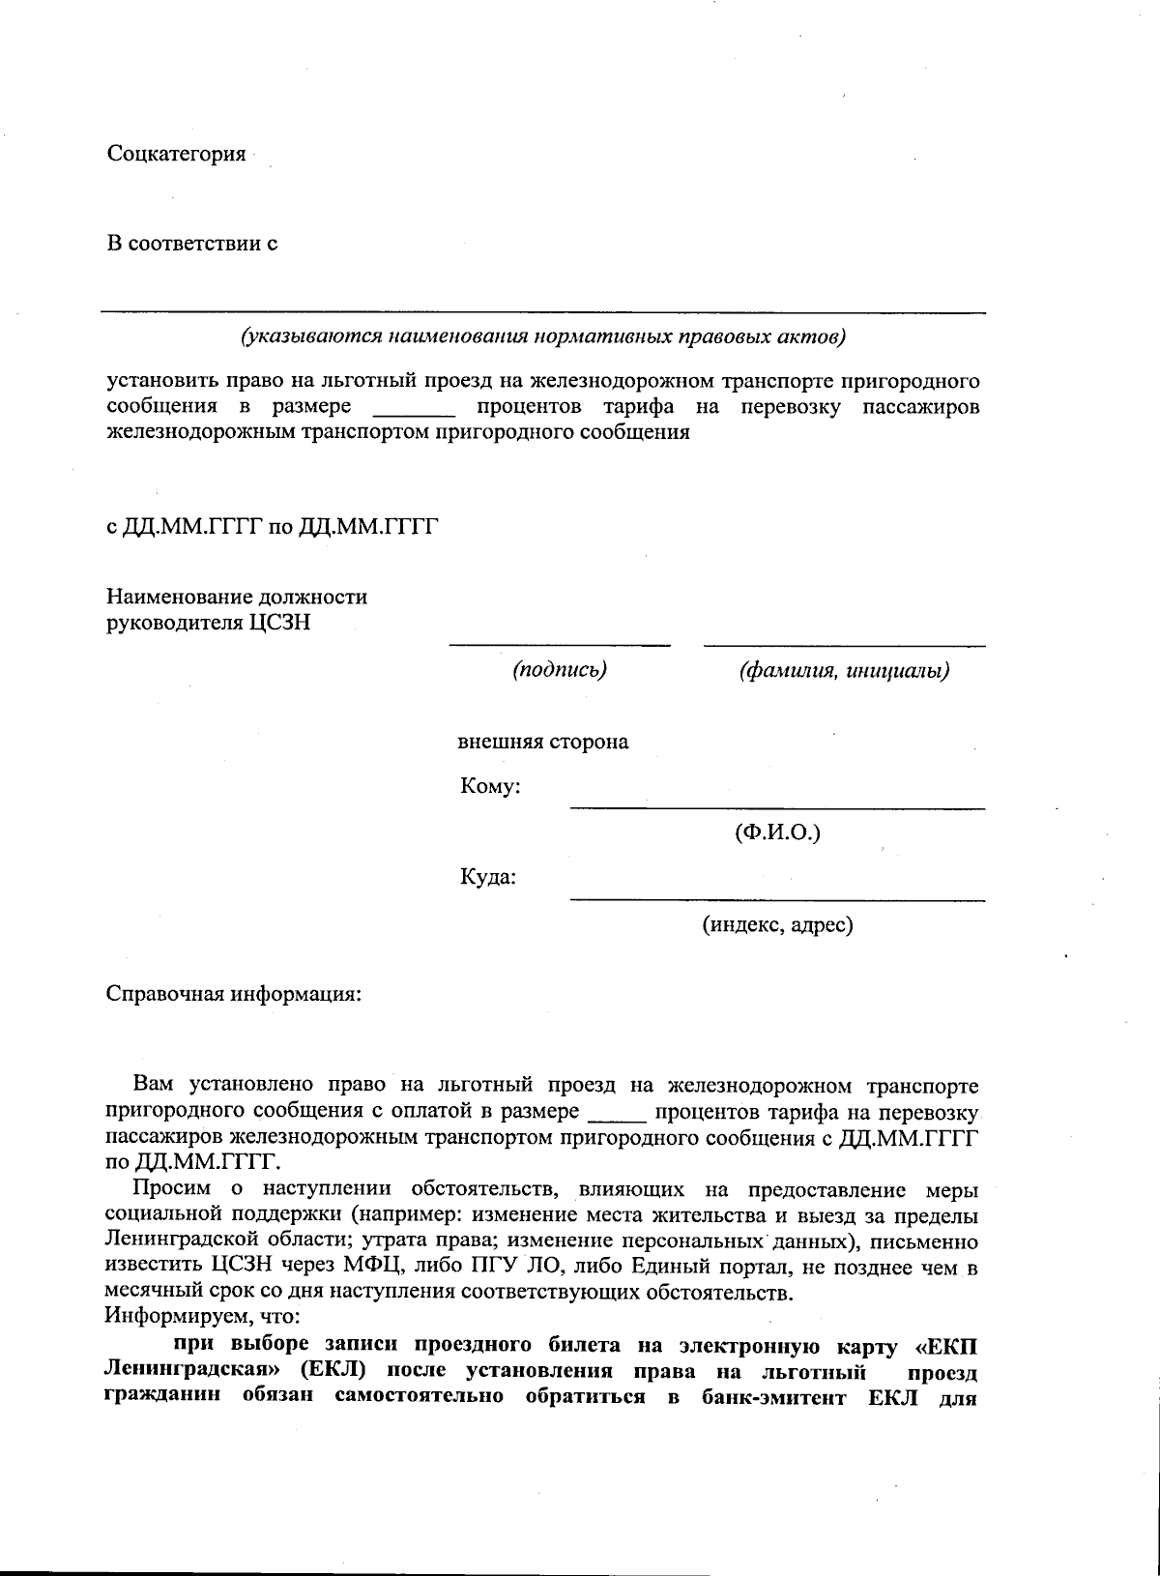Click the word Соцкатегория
[x=176, y=155]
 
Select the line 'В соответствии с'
[x=192, y=244]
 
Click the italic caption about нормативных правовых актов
[x=543, y=337]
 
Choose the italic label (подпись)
[x=560, y=670]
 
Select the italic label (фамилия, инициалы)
[x=843, y=670]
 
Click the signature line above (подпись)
[x=560, y=645]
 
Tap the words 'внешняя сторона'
[x=542, y=743]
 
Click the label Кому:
[x=490, y=787]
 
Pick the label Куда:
[x=487, y=878]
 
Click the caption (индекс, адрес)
[x=777, y=925]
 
